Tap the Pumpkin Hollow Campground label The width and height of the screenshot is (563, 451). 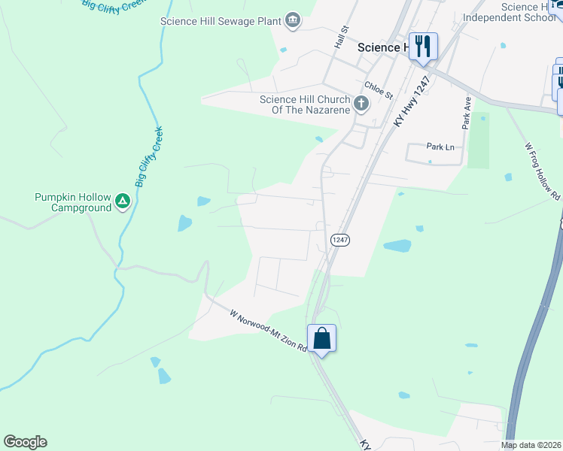click(x=72, y=202)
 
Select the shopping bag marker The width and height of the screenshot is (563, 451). click(x=321, y=339)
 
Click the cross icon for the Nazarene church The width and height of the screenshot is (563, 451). click(x=361, y=104)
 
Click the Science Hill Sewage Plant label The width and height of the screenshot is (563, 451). click(x=221, y=21)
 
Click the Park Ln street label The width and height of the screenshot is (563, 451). click(x=440, y=147)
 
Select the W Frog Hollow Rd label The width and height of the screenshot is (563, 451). click(x=542, y=171)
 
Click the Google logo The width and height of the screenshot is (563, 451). click(x=25, y=442)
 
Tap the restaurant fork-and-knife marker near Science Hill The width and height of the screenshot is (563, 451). click(x=423, y=46)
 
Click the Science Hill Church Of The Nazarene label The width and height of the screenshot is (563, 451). click(x=305, y=104)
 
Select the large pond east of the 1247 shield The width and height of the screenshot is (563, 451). click(x=397, y=246)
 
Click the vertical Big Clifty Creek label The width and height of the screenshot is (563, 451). click(x=149, y=156)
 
